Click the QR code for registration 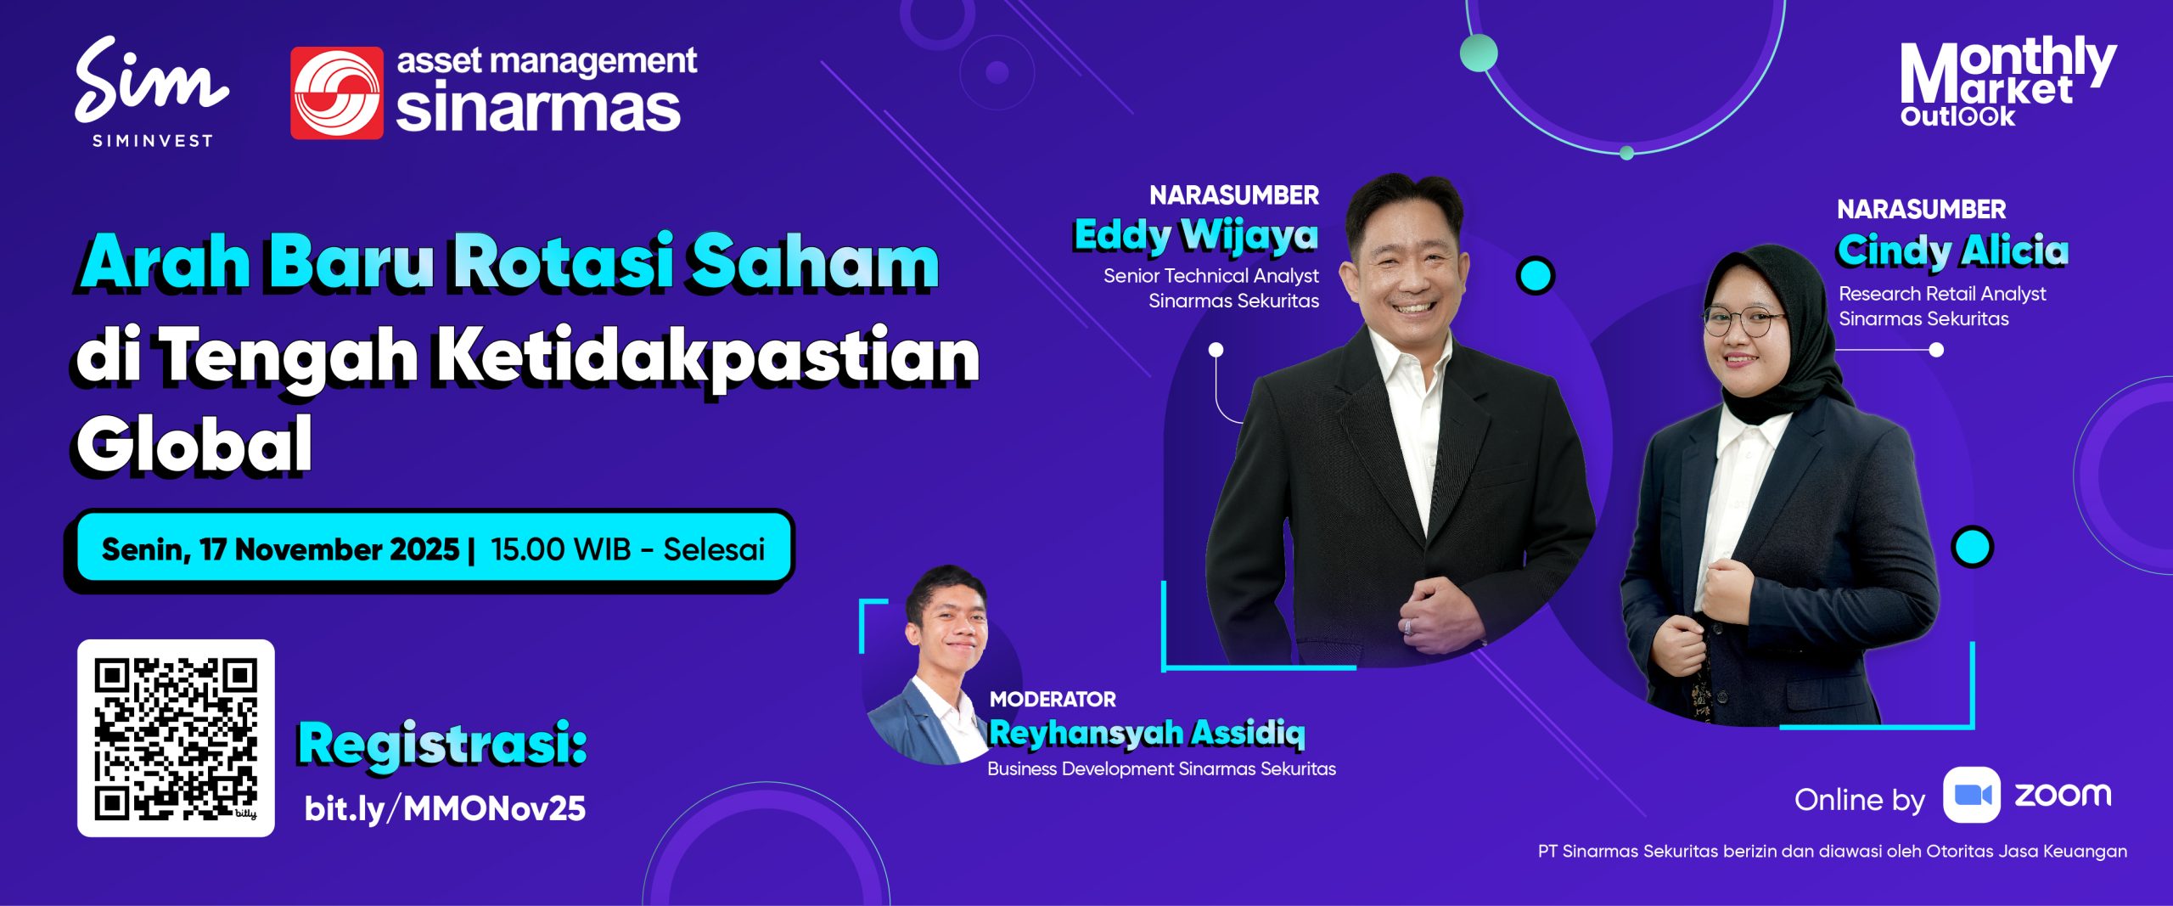176,738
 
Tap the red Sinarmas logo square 337,93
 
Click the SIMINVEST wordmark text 153,141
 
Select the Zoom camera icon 1972,795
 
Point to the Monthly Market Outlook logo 2007,82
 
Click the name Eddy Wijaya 1196,235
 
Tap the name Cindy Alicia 1953,250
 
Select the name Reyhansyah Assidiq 1147,733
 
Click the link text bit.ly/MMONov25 445,808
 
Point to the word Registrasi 442,744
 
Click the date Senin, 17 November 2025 280,549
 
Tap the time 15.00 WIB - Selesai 628,549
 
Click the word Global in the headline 194,445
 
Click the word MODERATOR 1053,700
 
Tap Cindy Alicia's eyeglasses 1742,322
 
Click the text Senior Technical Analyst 1211,276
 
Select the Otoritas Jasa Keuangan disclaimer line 1833,852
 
